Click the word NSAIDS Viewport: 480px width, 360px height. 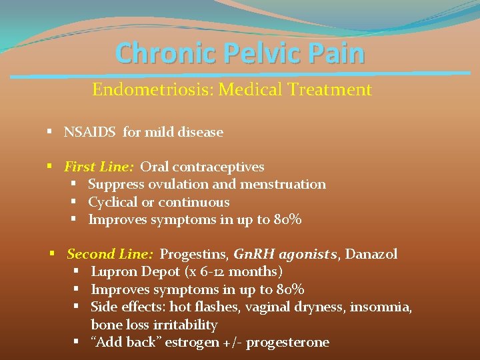(90, 132)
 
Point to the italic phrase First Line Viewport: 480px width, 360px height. (99, 167)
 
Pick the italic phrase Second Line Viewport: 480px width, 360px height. (111, 254)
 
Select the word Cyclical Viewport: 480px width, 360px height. (113, 202)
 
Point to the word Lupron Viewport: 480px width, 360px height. (112, 272)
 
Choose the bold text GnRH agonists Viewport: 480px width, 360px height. (301, 254)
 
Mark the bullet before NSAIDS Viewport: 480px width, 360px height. (51, 132)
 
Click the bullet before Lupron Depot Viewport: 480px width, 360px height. (77, 272)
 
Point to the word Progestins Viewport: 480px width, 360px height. (193, 254)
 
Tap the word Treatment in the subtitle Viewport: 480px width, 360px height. (330, 89)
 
